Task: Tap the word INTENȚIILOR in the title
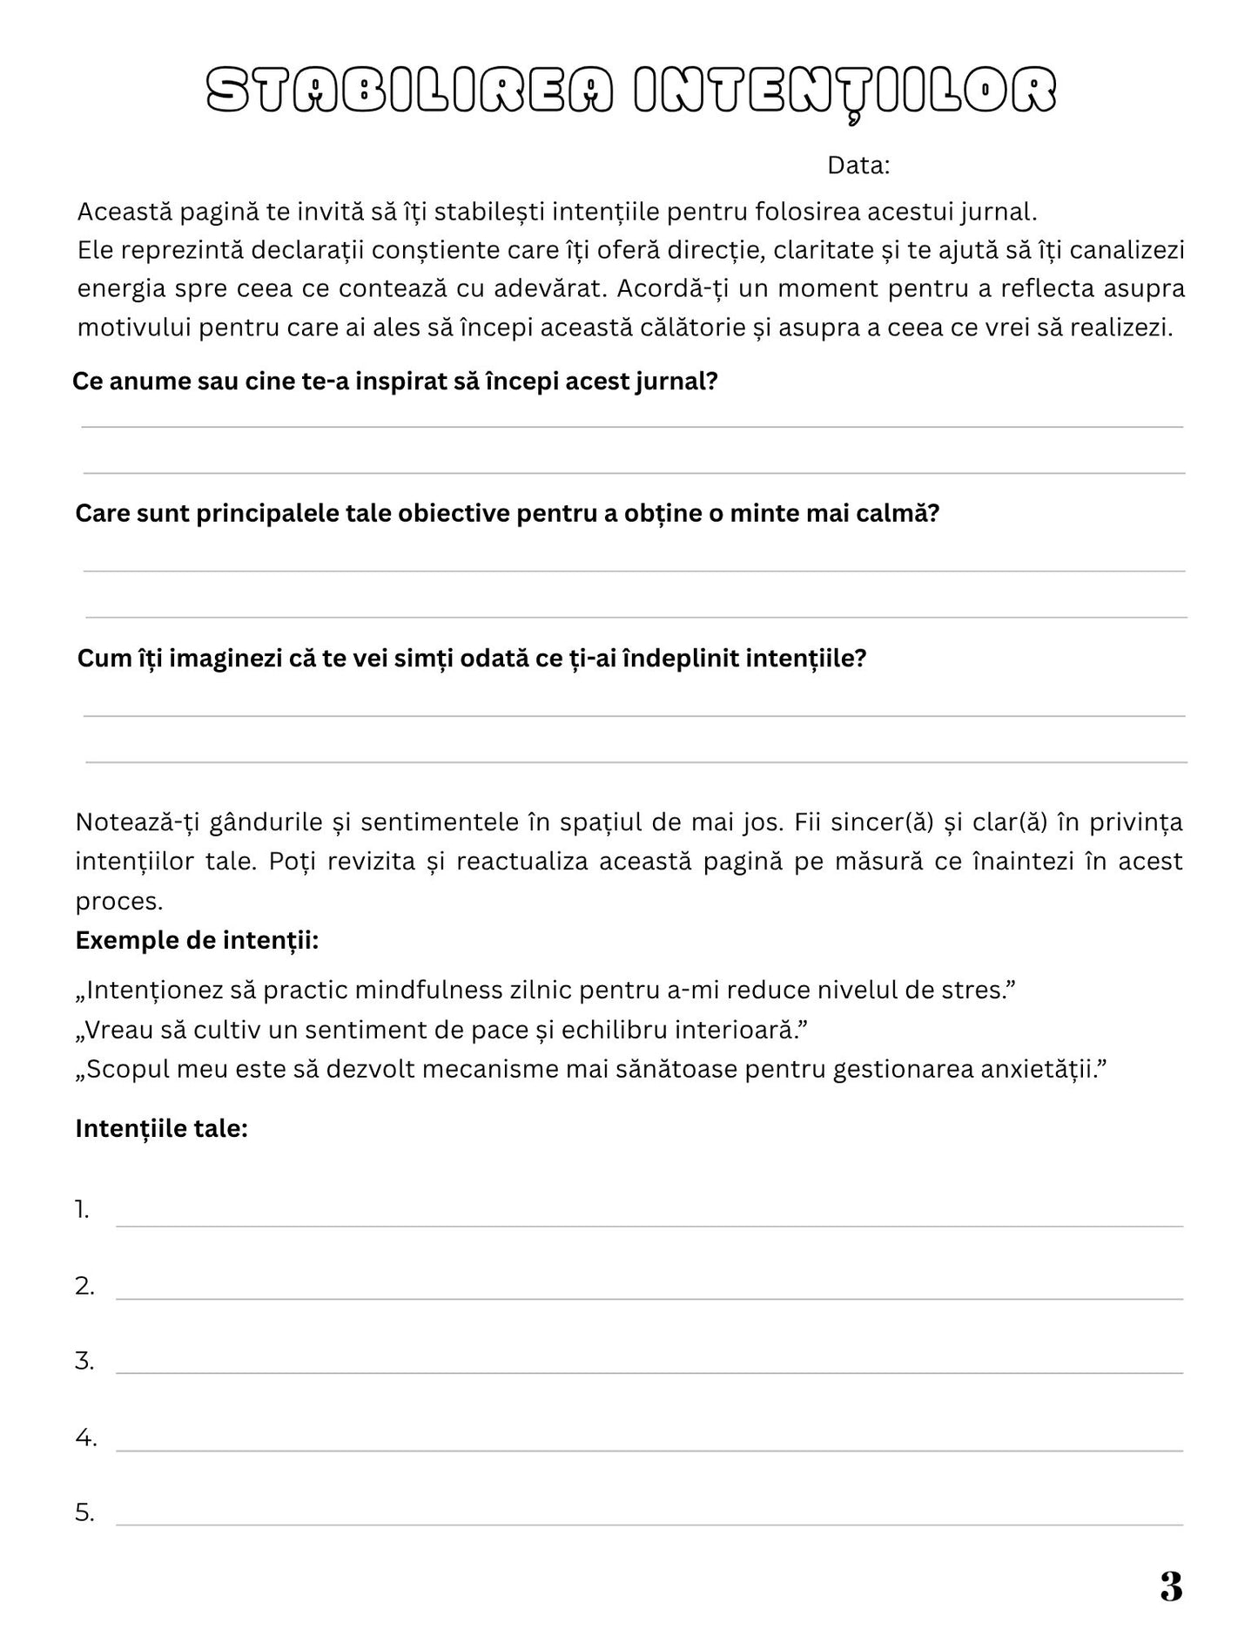[844, 91]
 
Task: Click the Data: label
[858, 166]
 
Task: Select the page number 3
[1171, 1586]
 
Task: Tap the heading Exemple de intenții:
[197, 941]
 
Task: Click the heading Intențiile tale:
[162, 1128]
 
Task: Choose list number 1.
[82, 1210]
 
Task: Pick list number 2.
[84, 1286]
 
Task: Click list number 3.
[84, 1361]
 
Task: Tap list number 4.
[85, 1437]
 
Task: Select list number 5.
[84, 1513]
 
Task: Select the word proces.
[119, 901]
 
